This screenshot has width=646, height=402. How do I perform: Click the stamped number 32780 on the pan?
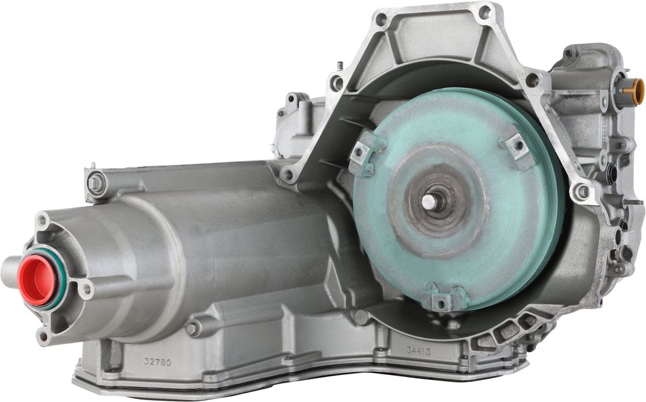157,362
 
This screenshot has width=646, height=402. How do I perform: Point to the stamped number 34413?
419,352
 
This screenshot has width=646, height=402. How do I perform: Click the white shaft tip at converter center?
428,201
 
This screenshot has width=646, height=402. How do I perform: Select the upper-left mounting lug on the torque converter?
367,151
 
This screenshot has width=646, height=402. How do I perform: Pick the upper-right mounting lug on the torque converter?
516,146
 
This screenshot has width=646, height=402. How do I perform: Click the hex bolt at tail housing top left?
96,182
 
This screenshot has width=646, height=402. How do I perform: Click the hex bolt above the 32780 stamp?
193,329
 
